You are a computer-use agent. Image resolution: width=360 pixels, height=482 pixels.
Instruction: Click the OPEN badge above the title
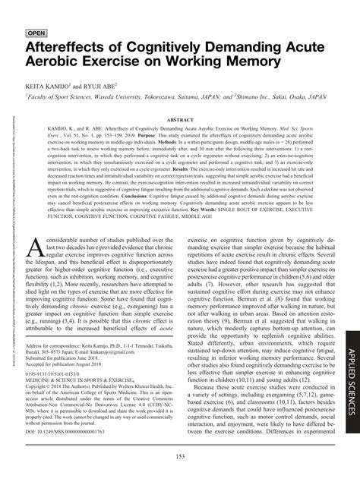pos(39,33)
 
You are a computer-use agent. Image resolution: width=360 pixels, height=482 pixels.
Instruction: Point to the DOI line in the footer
pos(65,432)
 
